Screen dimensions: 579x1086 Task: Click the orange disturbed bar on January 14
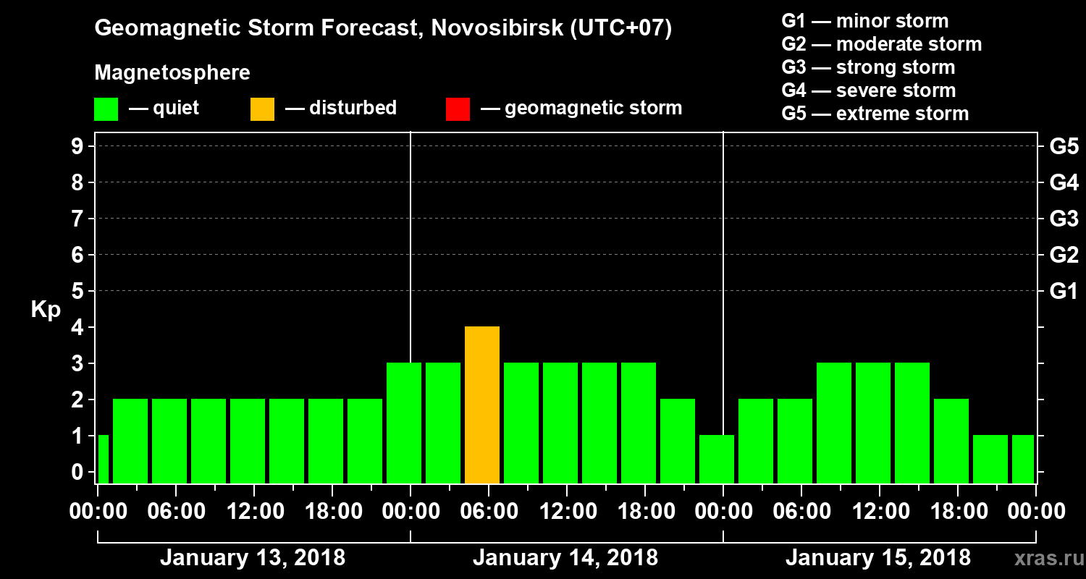coord(482,405)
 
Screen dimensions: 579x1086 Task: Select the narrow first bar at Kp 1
coord(103,459)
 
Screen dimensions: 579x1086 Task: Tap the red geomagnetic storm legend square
coord(458,109)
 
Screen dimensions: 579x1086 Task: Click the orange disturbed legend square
coord(262,109)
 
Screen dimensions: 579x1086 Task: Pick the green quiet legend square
coord(106,109)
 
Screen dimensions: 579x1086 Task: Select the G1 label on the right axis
coord(1064,292)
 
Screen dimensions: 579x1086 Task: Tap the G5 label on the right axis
coord(1064,147)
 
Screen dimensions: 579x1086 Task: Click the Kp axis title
coord(46,310)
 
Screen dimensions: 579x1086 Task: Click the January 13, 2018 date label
coord(252,558)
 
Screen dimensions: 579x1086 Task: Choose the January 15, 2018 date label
coord(877,558)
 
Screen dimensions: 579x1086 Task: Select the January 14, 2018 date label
coord(565,558)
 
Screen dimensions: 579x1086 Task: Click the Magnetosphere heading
coord(172,73)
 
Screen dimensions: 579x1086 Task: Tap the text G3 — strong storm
coord(868,67)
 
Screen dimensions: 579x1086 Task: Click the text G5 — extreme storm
coord(875,114)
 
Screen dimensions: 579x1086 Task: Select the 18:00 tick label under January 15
coord(957,512)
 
